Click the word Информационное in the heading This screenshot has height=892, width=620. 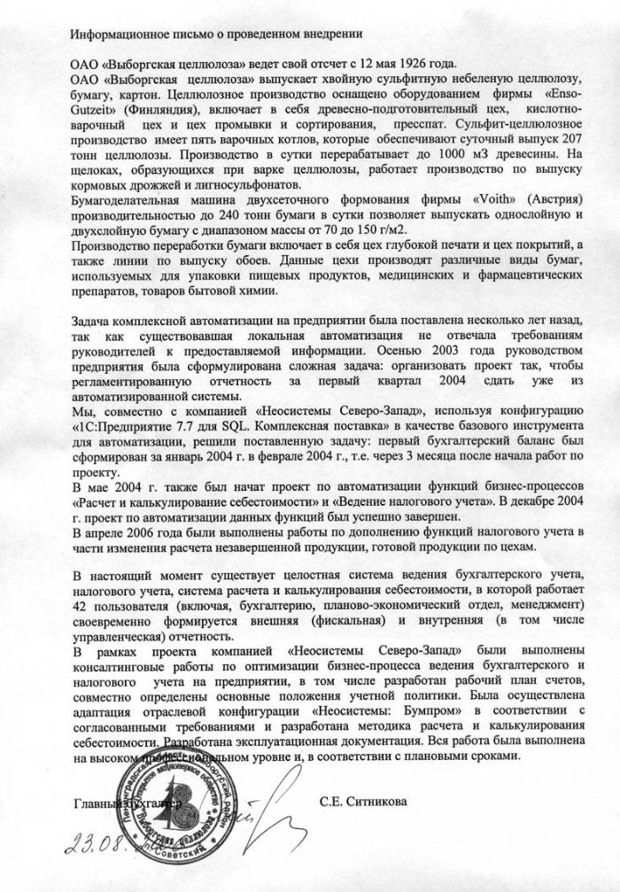click(x=116, y=35)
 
